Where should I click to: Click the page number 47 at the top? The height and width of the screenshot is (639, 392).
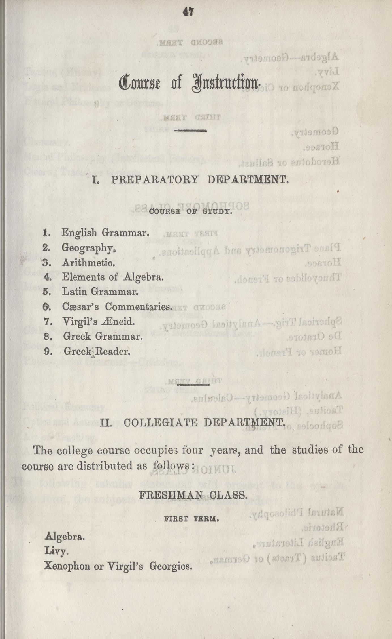[x=188, y=13]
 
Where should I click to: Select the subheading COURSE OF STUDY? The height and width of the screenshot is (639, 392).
[x=190, y=211]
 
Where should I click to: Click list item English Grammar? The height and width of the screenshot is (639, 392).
[x=105, y=233]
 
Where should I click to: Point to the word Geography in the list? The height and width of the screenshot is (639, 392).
[x=88, y=248]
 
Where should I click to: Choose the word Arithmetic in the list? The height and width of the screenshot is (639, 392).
[x=88, y=263]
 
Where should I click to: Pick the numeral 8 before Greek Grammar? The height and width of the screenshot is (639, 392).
[x=47, y=337]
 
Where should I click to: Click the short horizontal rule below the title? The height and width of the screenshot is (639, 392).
[x=190, y=131]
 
